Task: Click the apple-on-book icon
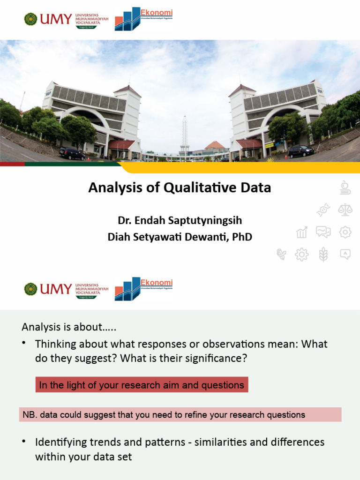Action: point(345,187)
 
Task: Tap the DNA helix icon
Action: point(323,210)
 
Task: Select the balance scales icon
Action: point(345,210)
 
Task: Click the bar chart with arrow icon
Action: point(301,232)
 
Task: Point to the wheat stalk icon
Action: point(323,255)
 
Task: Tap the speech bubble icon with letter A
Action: point(345,254)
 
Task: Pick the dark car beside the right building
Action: point(300,151)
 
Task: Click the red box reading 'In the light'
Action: point(142,385)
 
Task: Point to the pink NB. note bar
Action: point(180,414)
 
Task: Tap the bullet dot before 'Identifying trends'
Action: point(23,442)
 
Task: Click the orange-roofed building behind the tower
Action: point(215,146)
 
